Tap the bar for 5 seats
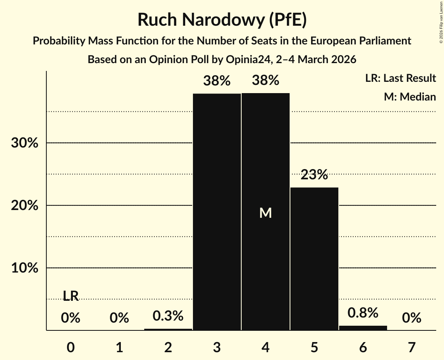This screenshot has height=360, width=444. [314, 259]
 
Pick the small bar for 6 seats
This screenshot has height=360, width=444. [363, 328]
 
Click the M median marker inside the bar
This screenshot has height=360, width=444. [265, 213]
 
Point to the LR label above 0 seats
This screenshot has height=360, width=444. [71, 296]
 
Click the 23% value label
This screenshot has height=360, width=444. [314, 175]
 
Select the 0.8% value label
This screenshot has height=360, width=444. [363, 313]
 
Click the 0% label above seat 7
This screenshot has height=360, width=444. [412, 318]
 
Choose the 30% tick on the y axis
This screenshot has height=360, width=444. [25, 143]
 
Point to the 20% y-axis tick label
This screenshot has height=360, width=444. [25, 205]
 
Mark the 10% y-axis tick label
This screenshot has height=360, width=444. [25, 268]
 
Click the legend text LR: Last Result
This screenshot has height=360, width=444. [400, 78]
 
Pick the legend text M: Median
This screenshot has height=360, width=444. [410, 97]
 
